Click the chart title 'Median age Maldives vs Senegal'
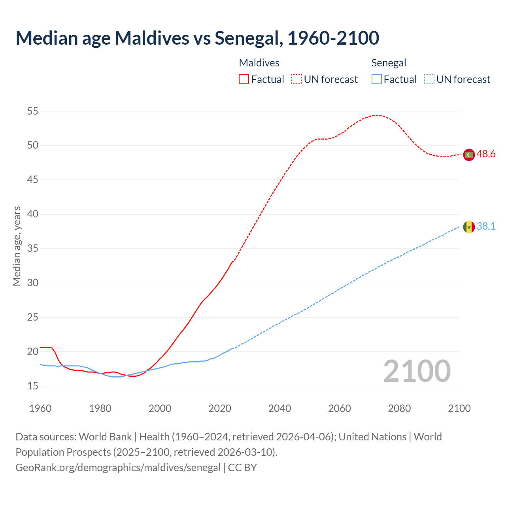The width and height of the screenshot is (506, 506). click(197, 38)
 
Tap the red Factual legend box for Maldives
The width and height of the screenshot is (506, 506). click(244, 79)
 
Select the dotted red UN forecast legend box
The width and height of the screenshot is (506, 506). click(296, 79)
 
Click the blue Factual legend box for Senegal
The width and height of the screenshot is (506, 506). click(376, 79)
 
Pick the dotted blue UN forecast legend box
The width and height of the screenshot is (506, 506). click(429, 79)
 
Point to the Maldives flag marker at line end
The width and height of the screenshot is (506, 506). click(469, 155)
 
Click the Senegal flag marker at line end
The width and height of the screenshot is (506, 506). click(469, 227)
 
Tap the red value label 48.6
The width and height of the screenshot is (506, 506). click(486, 154)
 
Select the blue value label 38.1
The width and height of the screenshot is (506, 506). click(486, 226)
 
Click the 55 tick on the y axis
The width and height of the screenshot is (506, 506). click(33, 111)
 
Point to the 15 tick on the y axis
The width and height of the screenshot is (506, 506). click(33, 386)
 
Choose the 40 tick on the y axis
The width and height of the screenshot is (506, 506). click(33, 214)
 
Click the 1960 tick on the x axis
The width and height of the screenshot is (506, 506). click(40, 408)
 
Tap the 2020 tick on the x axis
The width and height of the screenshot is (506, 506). click(220, 408)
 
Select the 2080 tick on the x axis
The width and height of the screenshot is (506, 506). click(399, 408)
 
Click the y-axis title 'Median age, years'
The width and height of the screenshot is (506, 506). click(17, 246)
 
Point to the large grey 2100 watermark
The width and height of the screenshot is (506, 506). click(417, 371)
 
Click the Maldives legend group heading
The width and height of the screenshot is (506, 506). click(259, 63)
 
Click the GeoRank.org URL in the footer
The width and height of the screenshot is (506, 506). click(118, 468)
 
